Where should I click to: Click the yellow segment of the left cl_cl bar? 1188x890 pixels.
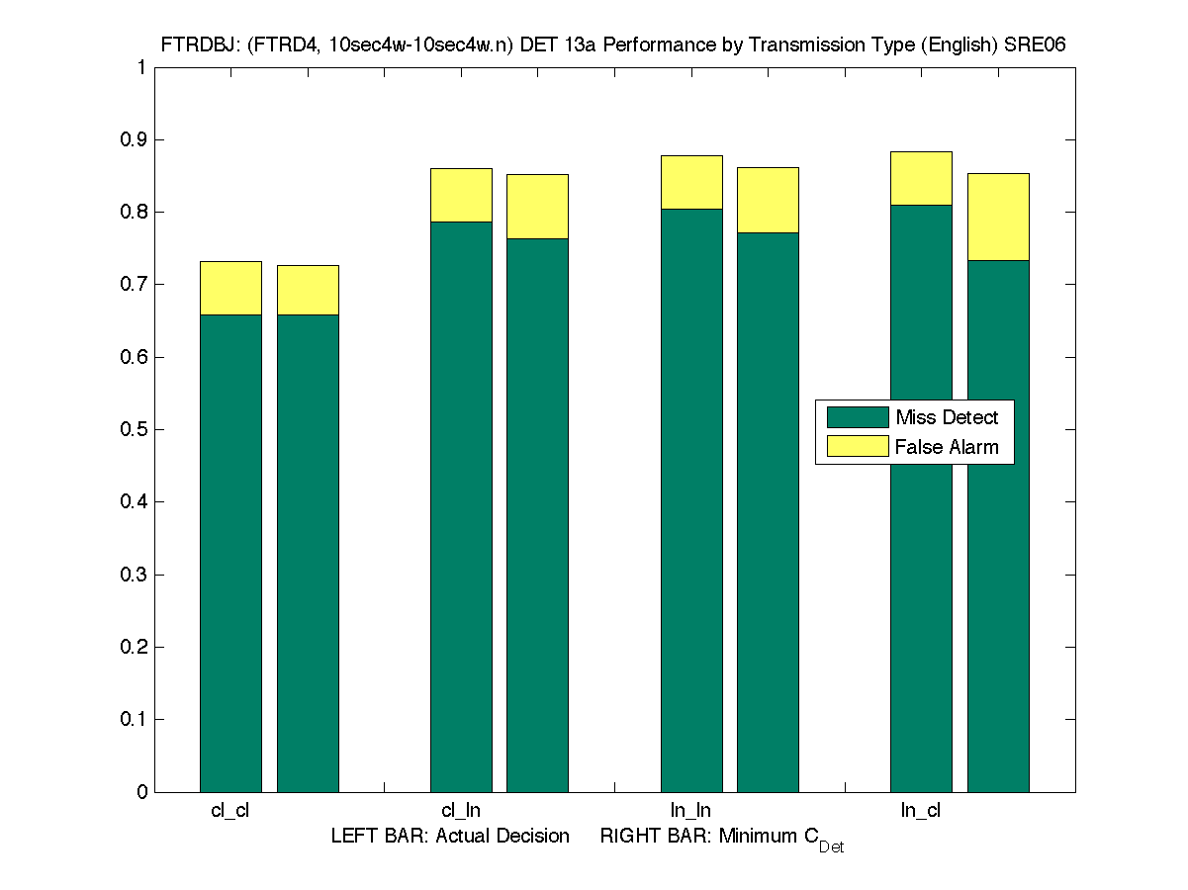tap(230, 288)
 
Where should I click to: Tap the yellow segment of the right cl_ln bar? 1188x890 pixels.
tap(537, 207)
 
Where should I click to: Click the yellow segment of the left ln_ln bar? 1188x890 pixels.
tap(691, 182)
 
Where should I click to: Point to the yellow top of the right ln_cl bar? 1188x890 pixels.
tap(998, 217)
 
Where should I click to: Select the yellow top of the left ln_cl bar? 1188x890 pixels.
tap(921, 178)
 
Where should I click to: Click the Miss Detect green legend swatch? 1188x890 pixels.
tap(857, 416)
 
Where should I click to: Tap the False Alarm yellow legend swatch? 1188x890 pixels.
tap(857, 446)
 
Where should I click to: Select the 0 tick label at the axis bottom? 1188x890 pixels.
tap(142, 792)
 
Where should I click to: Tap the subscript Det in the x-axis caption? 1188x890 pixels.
tap(831, 847)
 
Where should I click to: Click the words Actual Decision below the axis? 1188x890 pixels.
tap(503, 836)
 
